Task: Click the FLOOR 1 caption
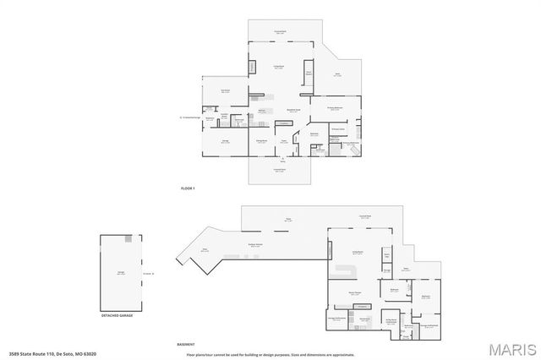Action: (188, 187)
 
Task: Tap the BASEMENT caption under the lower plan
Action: (186, 344)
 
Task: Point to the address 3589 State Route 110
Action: (52, 354)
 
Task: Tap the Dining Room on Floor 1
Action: (262, 143)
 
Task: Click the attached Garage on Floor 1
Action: (226, 142)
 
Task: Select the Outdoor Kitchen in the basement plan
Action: (254, 246)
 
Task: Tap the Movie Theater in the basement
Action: (355, 293)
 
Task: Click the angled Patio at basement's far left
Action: (205, 250)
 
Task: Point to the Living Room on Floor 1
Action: (277, 68)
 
